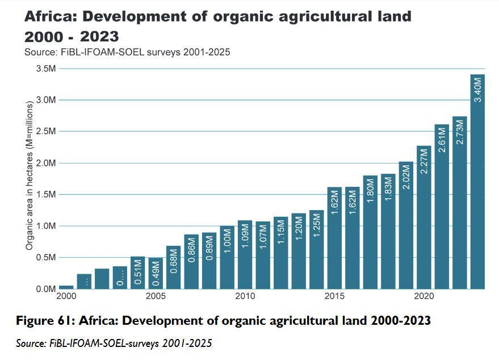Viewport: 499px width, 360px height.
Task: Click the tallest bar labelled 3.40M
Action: pos(477,182)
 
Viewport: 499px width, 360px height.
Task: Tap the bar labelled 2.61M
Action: pos(442,207)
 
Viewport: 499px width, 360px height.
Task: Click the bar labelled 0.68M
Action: pos(173,267)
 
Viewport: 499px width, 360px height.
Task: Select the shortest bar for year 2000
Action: pos(66,287)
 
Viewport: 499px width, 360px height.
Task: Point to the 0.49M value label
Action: pos(156,273)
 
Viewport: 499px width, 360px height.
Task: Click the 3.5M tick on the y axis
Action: pos(46,69)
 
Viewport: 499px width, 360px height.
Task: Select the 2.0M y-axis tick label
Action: pos(46,163)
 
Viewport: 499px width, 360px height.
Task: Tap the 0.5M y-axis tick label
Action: pos(46,257)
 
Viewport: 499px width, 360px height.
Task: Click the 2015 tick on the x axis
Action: pos(334,296)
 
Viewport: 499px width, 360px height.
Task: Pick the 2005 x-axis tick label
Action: pos(156,296)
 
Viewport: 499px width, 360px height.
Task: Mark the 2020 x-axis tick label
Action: pos(423,296)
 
